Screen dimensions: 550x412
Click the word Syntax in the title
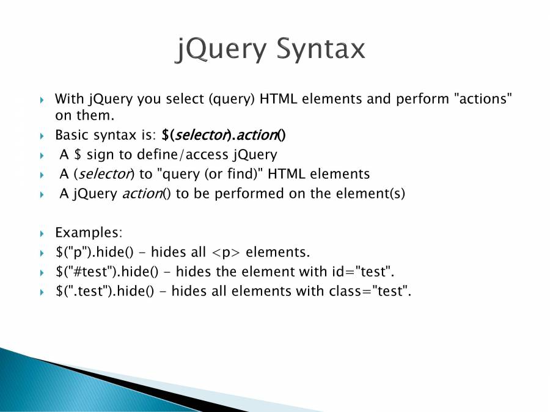point(321,49)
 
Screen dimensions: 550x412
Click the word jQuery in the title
point(221,49)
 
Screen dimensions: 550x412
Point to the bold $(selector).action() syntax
point(224,135)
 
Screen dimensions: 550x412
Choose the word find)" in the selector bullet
point(245,174)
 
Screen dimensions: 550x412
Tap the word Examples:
point(89,233)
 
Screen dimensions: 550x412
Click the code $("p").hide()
point(95,252)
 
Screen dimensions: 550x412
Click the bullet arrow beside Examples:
point(42,234)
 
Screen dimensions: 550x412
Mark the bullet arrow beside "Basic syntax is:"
point(42,136)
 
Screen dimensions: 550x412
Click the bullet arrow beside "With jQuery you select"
point(42,100)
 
